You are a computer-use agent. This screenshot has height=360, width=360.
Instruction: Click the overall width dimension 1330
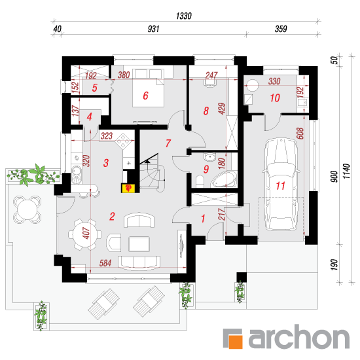click(x=184, y=16)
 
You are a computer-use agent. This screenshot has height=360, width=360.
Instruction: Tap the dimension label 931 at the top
click(x=153, y=29)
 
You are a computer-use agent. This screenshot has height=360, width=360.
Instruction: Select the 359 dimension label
click(x=281, y=29)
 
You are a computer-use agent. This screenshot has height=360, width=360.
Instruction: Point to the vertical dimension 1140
click(x=346, y=171)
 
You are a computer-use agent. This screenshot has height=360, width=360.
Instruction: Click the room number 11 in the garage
click(x=280, y=186)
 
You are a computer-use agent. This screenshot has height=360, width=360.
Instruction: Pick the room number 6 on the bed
click(x=145, y=96)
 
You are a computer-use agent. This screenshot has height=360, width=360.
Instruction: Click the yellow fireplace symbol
click(x=128, y=188)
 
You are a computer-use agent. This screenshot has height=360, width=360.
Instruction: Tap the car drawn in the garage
click(x=281, y=184)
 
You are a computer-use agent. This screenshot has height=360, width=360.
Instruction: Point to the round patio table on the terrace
click(x=27, y=209)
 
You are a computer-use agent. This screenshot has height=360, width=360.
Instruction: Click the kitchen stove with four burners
click(x=123, y=141)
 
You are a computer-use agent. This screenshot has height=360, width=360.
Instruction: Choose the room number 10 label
click(x=275, y=98)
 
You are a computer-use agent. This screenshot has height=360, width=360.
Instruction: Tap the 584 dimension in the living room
click(x=105, y=263)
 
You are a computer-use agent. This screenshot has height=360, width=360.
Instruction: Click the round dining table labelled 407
click(x=85, y=234)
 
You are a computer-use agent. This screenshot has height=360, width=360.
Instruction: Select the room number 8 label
click(x=206, y=111)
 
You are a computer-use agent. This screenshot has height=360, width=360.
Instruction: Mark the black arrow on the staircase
click(x=147, y=162)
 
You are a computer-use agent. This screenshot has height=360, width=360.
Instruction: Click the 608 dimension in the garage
click(x=300, y=134)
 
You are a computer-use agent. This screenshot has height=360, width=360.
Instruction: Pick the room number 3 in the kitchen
click(x=106, y=163)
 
